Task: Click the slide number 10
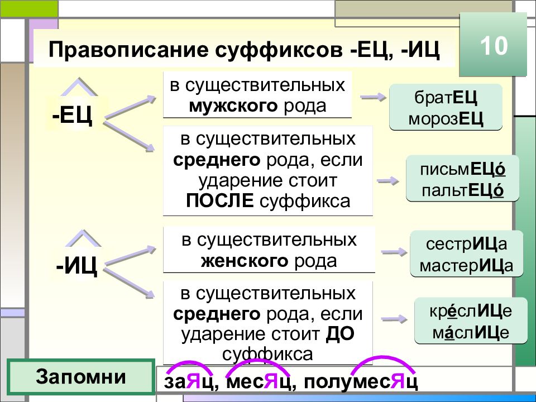pos(494,45)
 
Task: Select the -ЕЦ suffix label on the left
pos(73,115)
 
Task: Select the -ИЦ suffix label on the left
pos(77,266)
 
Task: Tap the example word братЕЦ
pos(446,97)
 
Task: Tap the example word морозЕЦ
pos(446,119)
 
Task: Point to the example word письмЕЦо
pos(462,169)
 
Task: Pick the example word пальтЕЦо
pos(462,190)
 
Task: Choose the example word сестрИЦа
pos(467,244)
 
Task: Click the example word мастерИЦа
pos(467,265)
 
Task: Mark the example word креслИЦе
pos(471,311)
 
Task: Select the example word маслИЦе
pos(471,332)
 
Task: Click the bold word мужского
pos(233,106)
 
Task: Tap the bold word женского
pos(245,261)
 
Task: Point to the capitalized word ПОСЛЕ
pos(220,200)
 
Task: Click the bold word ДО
pos(340,334)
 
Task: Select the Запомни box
pos(81,377)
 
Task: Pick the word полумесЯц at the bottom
pos(360,382)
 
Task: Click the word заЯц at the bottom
pos(189,382)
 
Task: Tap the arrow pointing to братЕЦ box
pos(374,97)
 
